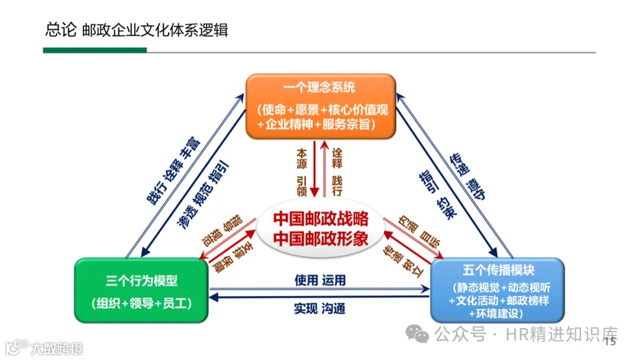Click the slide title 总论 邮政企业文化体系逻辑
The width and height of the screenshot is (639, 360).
(x=137, y=30)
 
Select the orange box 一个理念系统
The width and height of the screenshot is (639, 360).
(x=320, y=106)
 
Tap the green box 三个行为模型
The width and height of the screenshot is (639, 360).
(x=141, y=290)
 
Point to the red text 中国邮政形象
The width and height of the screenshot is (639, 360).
(x=321, y=239)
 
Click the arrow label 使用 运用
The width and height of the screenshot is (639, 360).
(x=319, y=280)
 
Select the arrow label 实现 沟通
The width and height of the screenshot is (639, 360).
(x=319, y=308)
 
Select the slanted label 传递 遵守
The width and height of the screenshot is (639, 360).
(x=468, y=177)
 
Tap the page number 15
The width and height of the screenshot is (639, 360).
(x=610, y=342)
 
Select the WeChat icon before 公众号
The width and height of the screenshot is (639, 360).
(x=421, y=335)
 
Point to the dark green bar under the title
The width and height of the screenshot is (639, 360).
(x=95, y=50)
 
